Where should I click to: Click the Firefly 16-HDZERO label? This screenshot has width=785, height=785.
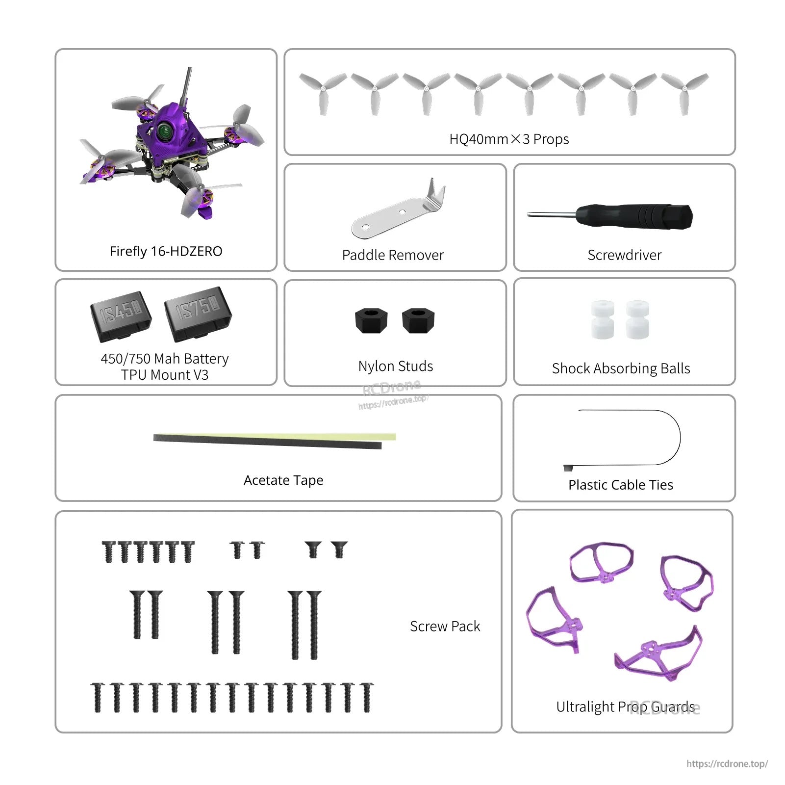166,251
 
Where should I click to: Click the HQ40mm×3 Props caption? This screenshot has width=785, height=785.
509,139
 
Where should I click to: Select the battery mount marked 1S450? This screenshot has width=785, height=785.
121,316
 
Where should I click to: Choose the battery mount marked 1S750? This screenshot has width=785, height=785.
198,313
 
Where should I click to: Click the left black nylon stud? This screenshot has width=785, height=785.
371,320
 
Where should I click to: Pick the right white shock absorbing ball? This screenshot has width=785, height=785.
637,320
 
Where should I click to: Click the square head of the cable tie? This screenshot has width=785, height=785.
568,468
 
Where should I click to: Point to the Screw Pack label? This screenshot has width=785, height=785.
445,627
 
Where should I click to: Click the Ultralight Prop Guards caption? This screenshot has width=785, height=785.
625,706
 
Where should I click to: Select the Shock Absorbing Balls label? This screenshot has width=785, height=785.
621,368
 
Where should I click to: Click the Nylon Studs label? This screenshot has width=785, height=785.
396,366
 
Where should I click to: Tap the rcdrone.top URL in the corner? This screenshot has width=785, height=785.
727,763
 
